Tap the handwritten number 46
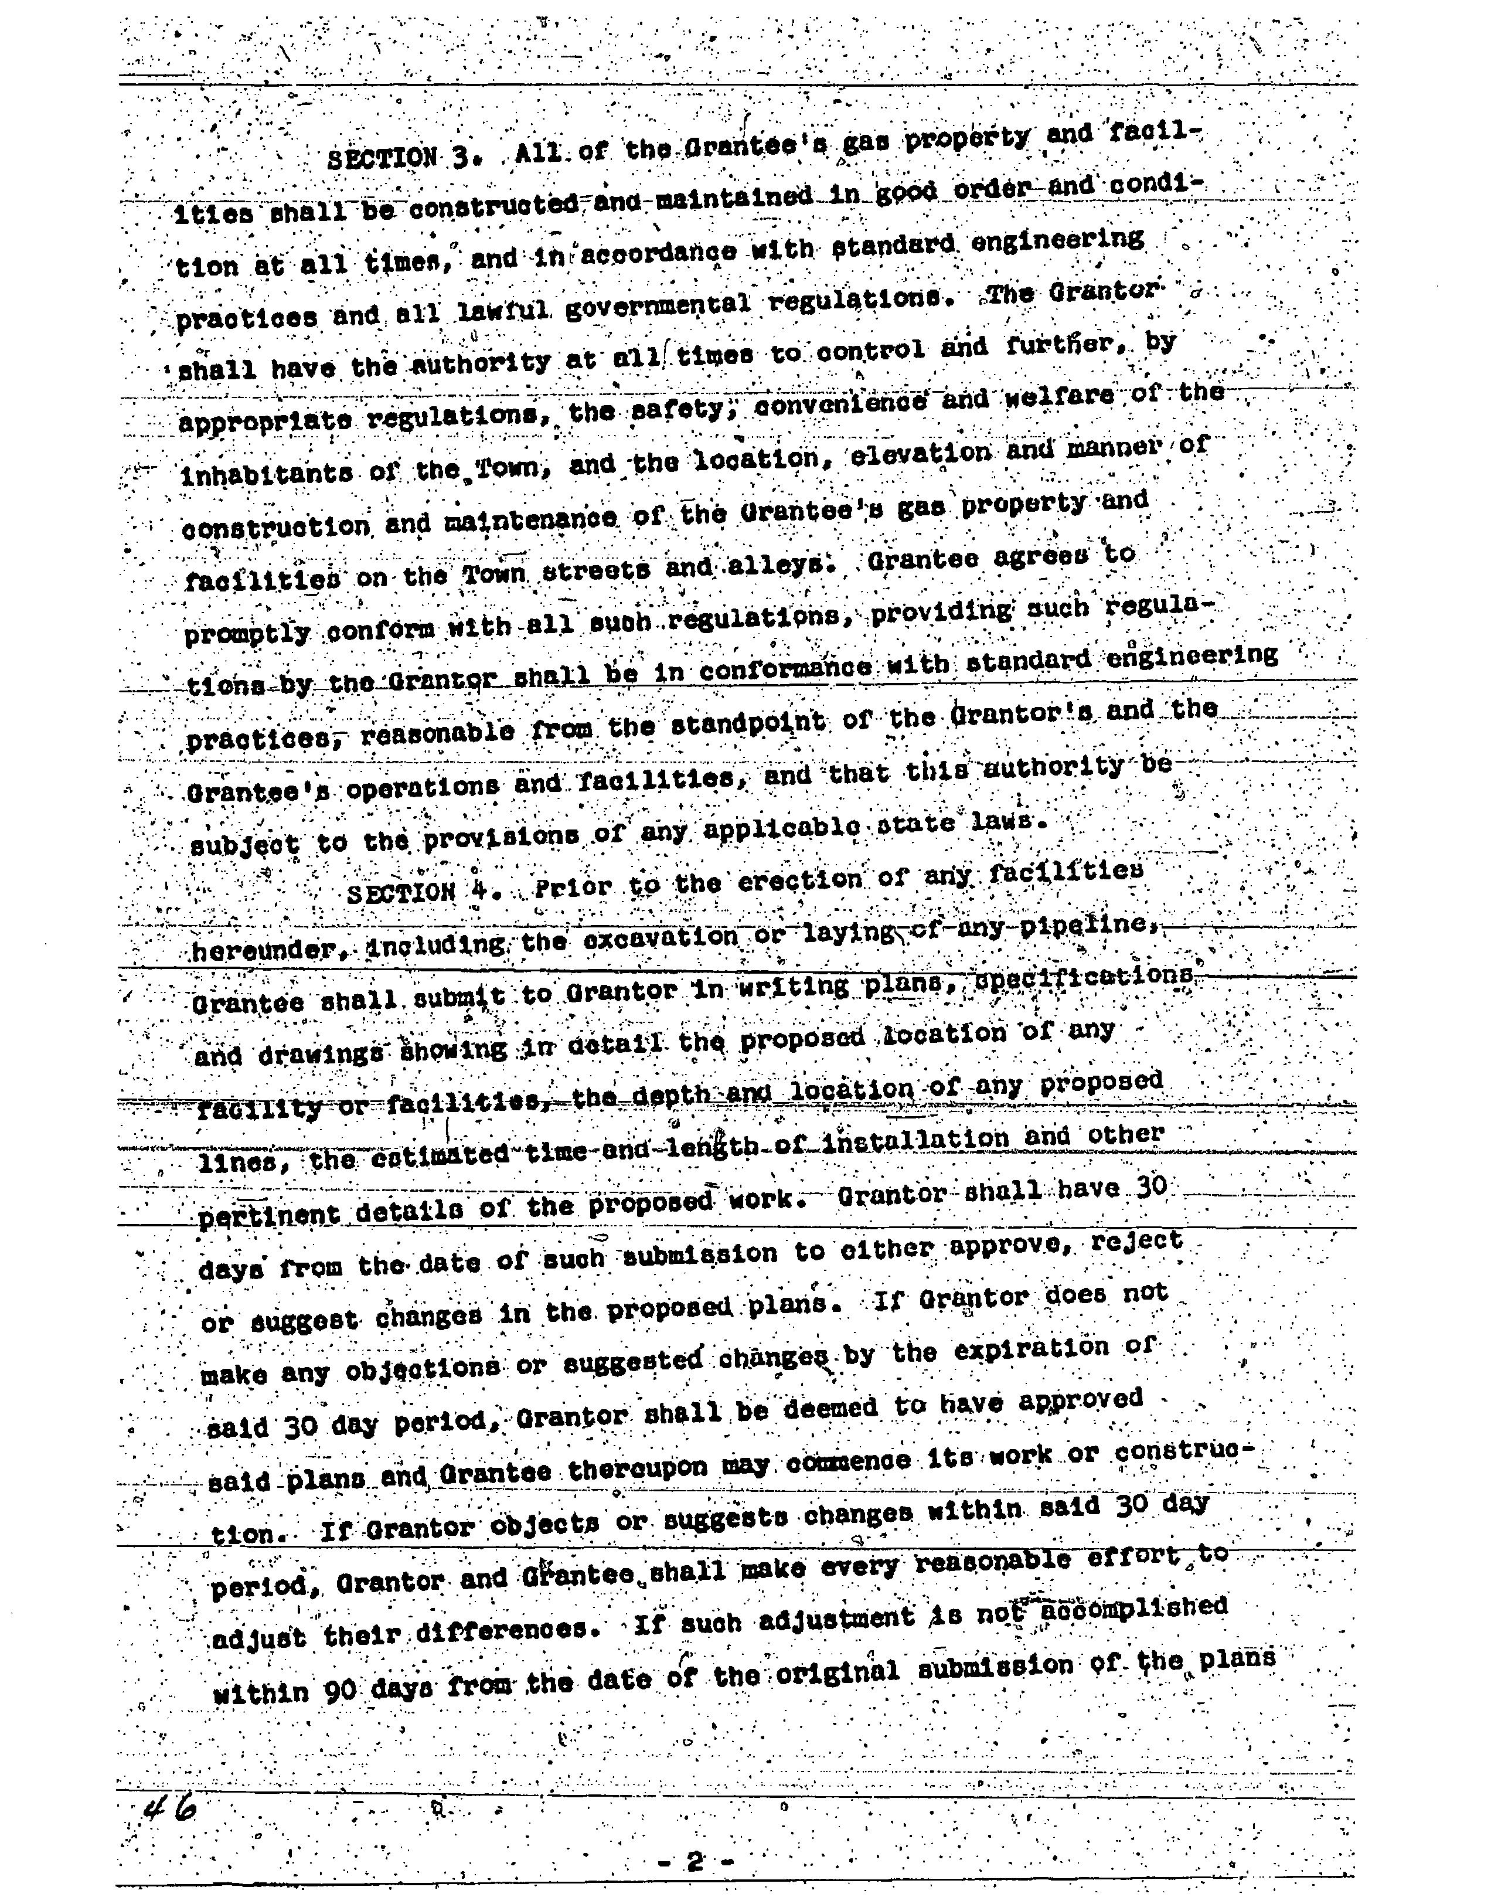coord(170,1807)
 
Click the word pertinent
coord(269,1215)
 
